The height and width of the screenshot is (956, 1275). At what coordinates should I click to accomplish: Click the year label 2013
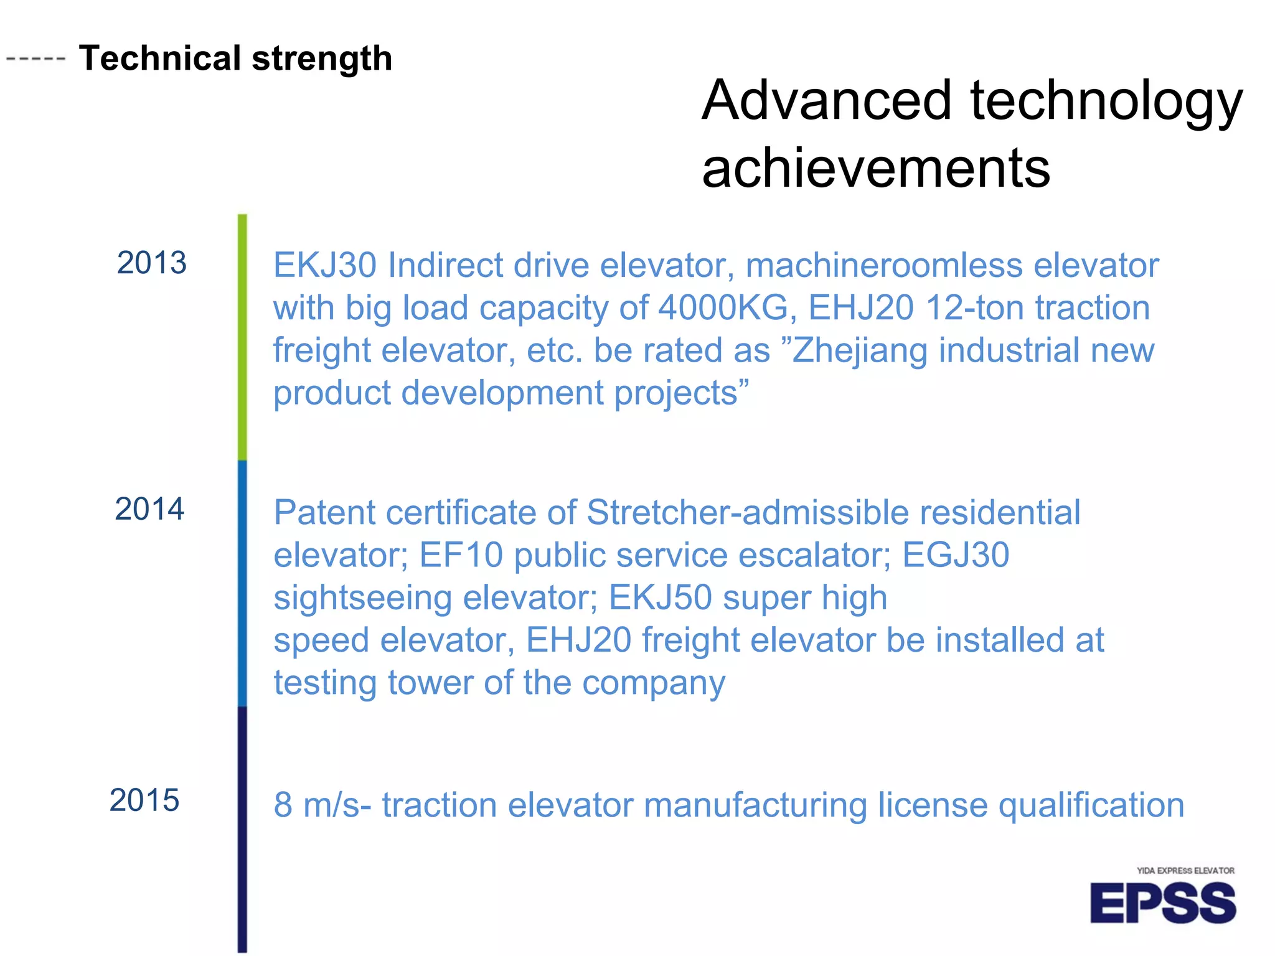(x=151, y=263)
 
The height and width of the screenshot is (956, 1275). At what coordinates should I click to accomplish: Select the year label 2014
(x=149, y=509)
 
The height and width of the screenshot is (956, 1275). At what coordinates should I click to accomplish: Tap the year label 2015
(x=144, y=800)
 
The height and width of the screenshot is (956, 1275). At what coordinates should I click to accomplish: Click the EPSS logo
(x=1162, y=904)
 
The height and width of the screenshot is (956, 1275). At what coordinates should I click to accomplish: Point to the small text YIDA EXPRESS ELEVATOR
(x=1185, y=871)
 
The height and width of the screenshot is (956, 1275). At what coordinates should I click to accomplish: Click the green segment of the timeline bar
(x=242, y=336)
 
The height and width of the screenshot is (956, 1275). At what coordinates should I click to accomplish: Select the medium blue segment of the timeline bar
(x=242, y=583)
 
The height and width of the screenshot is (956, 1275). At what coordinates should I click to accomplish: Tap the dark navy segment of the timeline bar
(x=242, y=828)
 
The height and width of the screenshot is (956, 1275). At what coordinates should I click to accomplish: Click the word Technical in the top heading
(x=160, y=59)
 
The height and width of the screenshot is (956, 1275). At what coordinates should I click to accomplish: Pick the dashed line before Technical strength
(x=35, y=59)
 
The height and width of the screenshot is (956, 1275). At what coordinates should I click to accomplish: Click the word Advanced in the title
(x=827, y=101)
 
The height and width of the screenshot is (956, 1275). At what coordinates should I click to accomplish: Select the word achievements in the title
(x=876, y=168)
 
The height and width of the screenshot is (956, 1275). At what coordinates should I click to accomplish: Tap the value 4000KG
(x=723, y=308)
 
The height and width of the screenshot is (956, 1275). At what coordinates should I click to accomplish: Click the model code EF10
(x=461, y=555)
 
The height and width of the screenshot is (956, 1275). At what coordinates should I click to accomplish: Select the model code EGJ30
(x=956, y=555)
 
